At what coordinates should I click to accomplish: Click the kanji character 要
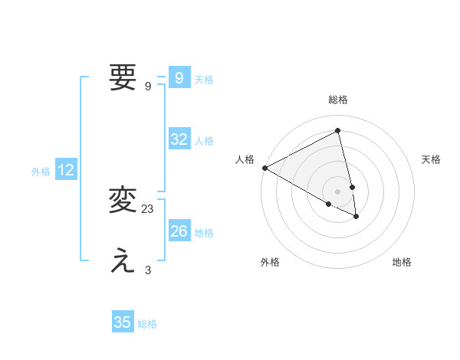pyautogui.click(x=123, y=77)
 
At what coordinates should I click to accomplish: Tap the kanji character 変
pyautogui.click(x=123, y=200)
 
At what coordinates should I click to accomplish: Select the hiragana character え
pyautogui.click(x=123, y=262)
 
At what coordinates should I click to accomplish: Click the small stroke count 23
pyautogui.click(x=148, y=208)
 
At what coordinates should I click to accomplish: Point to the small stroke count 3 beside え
pyautogui.click(x=148, y=270)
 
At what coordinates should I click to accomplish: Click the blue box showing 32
pyautogui.click(x=179, y=139)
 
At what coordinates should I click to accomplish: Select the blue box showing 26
pyautogui.click(x=179, y=231)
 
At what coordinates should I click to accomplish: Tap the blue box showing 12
pyautogui.click(x=66, y=171)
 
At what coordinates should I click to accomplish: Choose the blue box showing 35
pyautogui.click(x=123, y=322)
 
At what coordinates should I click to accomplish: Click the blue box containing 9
pyautogui.click(x=179, y=78)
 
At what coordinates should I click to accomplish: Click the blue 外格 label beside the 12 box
pyautogui.click(x=41, y=172)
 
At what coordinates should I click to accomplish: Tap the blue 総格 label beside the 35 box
pyautogui.click(x=147, y=324)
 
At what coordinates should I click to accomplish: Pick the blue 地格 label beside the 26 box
pyautogui.click(x=204, y=233)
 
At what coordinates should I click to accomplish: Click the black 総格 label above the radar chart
pyautogui.click(x=338, y=100)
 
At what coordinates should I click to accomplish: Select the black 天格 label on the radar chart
pyautogui.click(x=432, y=159)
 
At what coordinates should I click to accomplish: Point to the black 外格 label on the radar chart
pyautogui.click(x=270, y=262)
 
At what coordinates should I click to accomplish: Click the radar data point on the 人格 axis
pyautogui.click(x=264, y=168)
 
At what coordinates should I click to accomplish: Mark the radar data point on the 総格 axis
pyautogui.click(x=338, y=131)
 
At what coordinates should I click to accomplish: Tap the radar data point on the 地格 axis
pyautogui.click(x=356, y=217)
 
